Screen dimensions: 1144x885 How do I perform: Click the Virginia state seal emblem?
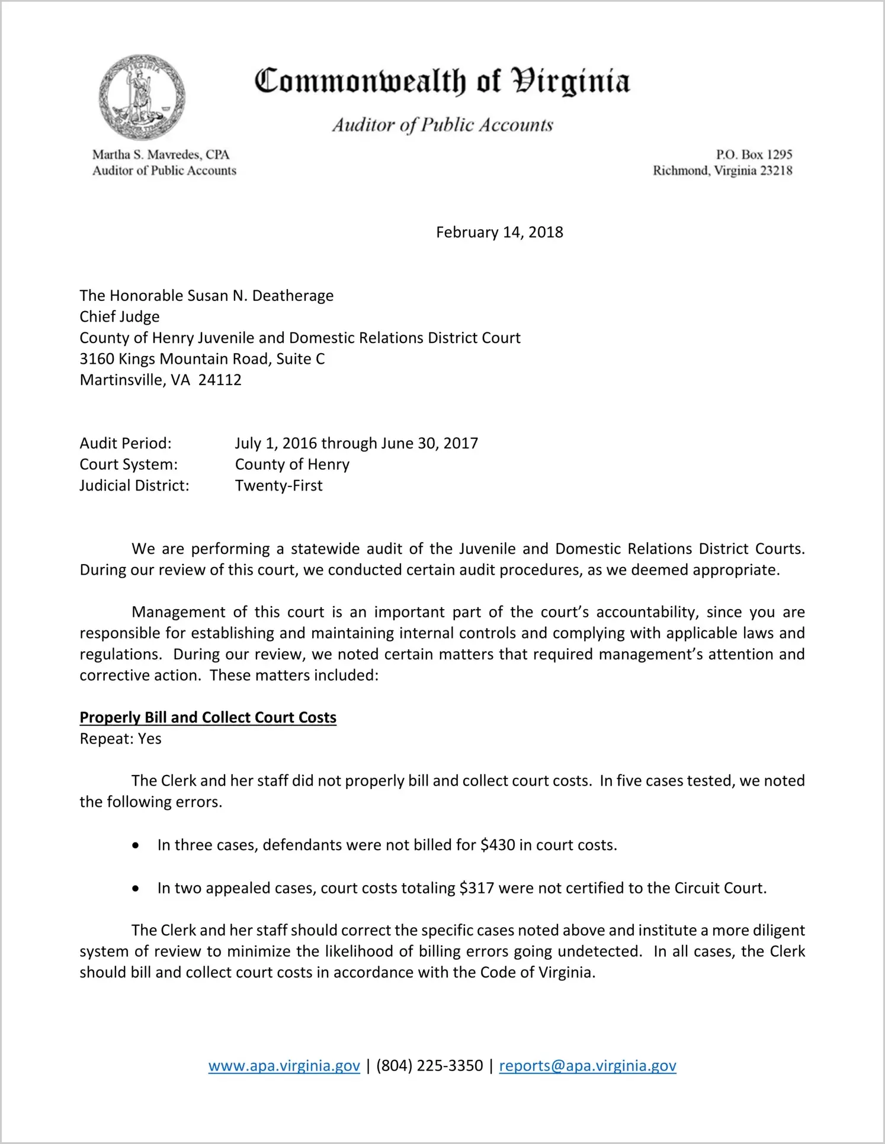142,97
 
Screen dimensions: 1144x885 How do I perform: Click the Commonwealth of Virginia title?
442,82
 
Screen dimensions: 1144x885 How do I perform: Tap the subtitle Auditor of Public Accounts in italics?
442,125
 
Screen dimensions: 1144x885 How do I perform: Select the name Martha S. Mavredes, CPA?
161,155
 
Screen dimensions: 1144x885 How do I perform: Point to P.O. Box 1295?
753,155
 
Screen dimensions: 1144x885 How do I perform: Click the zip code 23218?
776,171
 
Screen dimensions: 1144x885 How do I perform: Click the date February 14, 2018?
499,232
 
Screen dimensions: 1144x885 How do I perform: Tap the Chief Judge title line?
120,317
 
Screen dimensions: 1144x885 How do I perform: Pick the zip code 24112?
220,380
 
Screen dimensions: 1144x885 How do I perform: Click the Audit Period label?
126,443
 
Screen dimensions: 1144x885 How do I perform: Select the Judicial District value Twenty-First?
278,486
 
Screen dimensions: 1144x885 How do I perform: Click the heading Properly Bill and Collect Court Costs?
208,717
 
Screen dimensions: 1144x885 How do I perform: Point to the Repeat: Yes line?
120,739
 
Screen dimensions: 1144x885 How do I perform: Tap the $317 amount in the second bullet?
476,888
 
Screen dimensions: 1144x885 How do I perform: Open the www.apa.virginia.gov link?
284,1066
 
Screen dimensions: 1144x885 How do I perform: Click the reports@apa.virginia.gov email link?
588,1066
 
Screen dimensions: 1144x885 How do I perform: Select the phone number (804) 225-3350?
429,1066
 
